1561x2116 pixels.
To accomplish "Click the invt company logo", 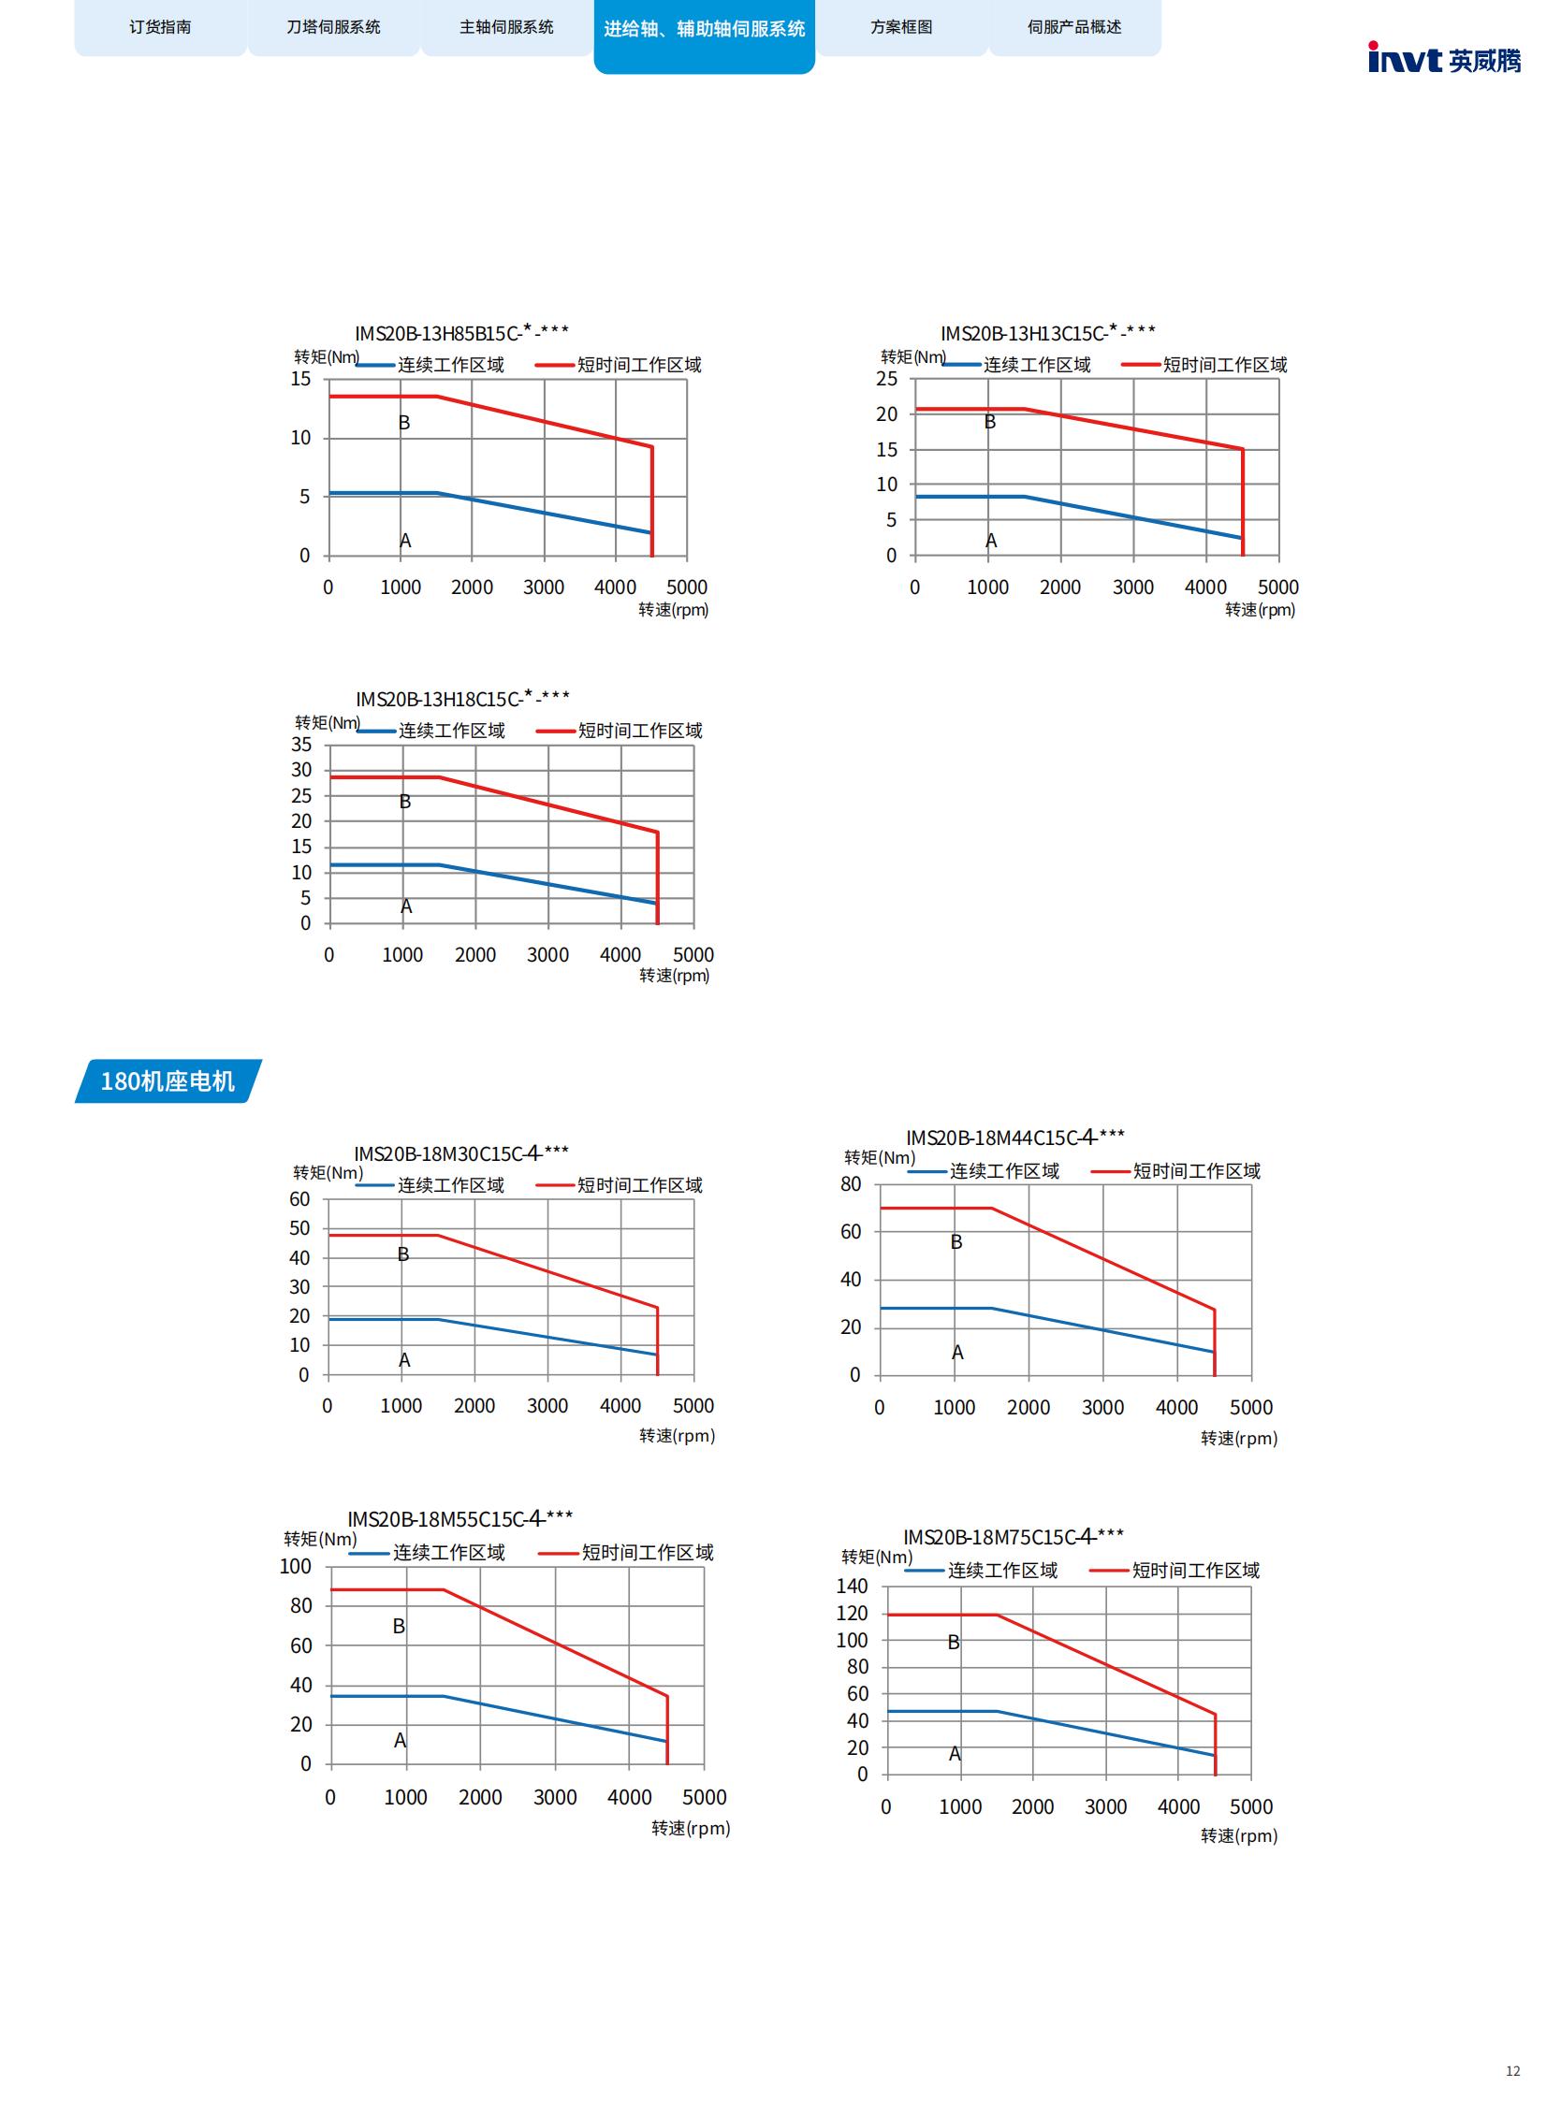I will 1444,59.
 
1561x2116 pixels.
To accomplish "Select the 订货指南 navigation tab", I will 160,27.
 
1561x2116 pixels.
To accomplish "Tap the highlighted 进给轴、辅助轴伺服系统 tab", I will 704,29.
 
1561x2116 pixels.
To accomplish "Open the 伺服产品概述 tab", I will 1073,27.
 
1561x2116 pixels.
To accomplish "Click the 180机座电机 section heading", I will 168,1080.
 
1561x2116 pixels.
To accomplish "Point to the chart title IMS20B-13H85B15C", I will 461,332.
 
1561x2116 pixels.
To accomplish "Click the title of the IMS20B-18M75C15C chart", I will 1013,1537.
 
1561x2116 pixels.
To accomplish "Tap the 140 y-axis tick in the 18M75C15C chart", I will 852,1586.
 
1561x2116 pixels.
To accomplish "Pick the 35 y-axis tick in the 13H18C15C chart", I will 300,745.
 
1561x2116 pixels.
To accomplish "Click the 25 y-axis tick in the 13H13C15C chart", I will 886,379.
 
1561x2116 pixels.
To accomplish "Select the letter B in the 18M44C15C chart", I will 956,1242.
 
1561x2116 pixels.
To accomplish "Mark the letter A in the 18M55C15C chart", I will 400,1740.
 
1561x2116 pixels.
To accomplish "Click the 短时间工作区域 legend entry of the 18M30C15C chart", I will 639,1185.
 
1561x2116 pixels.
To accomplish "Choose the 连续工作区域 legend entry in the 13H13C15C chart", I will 1037,366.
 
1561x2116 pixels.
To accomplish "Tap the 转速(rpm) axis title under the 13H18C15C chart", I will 674,976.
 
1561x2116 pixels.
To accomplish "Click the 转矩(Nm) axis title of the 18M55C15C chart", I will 320,1539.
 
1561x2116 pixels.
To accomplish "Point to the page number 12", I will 1511,2072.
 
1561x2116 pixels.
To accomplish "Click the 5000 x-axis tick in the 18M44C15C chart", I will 1251,1408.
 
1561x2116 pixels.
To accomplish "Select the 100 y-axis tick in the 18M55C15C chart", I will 295,1566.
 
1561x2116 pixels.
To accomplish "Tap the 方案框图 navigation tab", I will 900,27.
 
